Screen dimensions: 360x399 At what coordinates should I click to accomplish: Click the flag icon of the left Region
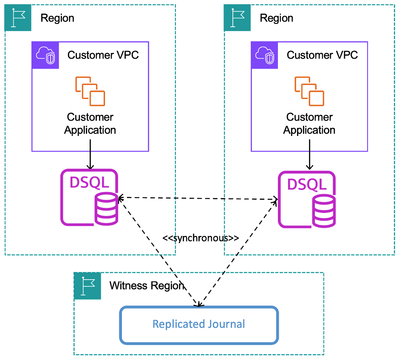(17, 18)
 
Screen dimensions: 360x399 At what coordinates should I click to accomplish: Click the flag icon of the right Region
(237, 18)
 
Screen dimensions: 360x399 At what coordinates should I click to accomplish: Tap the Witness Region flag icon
(87, 286)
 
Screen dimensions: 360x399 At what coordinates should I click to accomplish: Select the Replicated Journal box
(199, 324)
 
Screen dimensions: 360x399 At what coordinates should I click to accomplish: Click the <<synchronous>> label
(201, 238)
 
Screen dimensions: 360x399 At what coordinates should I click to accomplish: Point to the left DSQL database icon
(89, 197)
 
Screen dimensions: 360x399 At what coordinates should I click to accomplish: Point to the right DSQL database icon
(307, 199)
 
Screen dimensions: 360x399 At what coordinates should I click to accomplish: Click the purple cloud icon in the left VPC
(45, 55)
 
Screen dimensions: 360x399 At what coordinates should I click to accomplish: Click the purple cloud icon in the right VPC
(265, 55)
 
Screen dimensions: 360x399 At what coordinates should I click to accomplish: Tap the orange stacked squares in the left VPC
(90, 91)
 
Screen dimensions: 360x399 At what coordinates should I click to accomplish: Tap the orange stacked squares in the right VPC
(309, 91)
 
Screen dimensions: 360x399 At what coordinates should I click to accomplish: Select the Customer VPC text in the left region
(103, 55)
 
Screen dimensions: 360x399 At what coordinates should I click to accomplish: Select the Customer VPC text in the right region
(323, 55)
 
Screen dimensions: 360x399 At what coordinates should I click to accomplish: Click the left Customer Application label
(90, 124)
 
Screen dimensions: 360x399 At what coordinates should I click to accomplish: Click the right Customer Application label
(309, 124)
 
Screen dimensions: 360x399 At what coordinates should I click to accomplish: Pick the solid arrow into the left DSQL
(90, 160)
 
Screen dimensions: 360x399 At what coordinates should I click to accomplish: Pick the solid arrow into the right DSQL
(309, 161)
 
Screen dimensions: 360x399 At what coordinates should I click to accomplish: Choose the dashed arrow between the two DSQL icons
(198, 198)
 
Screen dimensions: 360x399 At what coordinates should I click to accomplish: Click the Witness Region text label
(147, 286)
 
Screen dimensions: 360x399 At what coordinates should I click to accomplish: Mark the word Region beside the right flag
(277, 18)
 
